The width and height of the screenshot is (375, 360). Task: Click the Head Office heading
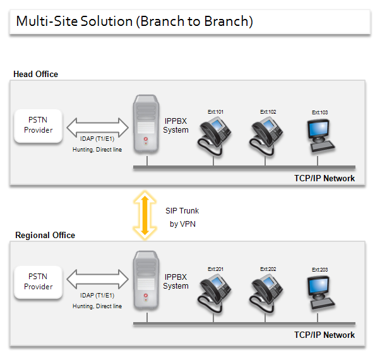(x=35, y=74)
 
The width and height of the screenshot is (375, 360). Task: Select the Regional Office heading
(x=45, y=235)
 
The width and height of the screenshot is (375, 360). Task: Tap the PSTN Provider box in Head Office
(x=39, y=126)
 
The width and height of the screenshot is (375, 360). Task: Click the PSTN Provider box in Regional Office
(x=39, y=282)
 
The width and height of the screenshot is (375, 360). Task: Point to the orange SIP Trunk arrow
(x=145, y=215)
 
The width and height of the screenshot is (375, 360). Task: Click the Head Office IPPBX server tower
(x=146, y=124)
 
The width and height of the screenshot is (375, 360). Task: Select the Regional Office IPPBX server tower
(x=146, y=280)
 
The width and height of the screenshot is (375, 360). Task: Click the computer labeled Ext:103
(x=321, y=136)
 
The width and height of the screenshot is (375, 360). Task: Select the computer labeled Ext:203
(x=321, y=292)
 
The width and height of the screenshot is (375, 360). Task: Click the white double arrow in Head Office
(x=98, y=127)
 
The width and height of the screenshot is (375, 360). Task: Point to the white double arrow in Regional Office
(x=98, y=279)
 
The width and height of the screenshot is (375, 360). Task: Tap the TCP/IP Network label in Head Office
(x=324, y=179)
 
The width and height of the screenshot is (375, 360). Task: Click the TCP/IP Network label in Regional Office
(x=324, y=335)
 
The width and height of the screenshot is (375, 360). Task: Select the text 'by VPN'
(x=182, y=224)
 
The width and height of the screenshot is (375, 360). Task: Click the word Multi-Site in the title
(x=47, y=21)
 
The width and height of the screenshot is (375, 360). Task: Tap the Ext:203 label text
(x=319, y=270)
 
